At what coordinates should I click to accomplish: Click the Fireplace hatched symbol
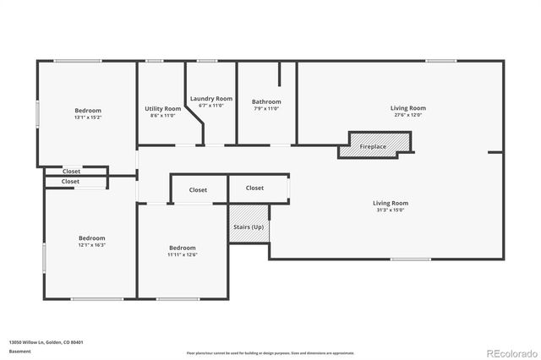pyautogui.click(x=373, y=145)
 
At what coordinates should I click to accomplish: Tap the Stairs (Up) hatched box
pyautogui.click(x=249, y=226)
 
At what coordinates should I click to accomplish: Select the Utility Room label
pyautogui.click(x=162, y=108)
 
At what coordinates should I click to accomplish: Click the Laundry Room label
pyautogui.click(x=210, y=98)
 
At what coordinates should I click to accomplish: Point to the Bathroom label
pyautogui.click(x=265, y=101)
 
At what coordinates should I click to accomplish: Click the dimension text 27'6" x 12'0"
pyautogui.click(x=407, y=116)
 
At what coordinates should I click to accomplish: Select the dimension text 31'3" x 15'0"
pyautogui.click(x=391, y=210)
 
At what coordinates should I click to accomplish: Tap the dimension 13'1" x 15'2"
pyautogui.click(x=88, y=118)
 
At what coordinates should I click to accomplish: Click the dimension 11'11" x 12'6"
pyautogui.click(x=183, y=254)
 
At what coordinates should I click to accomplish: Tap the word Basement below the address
pyautogui.click(x=19, y=351)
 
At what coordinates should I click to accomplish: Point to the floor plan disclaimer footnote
pyautogui.click(x=270, y=352)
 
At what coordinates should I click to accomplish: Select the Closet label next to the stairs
pyautogui.click(x=254, y=188)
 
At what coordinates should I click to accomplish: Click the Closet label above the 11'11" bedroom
pyautogui.click(x=198, y=190)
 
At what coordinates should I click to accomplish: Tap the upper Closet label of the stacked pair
pyautogui.click(x=71, y=172)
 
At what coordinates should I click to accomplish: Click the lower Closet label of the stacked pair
pyautogui.click(x=71, y=182)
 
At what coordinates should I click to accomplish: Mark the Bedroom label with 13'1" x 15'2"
pyautogui.click(x=88, y=111)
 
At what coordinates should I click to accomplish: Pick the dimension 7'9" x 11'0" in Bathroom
pyautogui.click(x=265, y=108)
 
